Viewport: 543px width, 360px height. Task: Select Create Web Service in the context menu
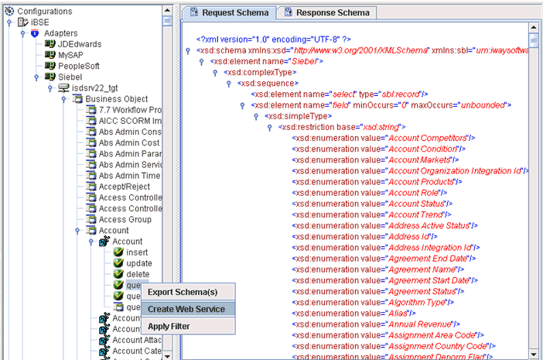click(x=186, y=309)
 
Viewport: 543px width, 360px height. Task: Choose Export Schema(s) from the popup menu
click(x=183, y=292)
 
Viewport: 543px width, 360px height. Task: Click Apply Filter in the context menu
click(x=169, y=326)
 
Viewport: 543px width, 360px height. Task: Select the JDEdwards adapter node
click(x=79, y=44)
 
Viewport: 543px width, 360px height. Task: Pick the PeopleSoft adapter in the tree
click(x=78, y=66)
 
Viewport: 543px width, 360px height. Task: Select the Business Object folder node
click(x=116, y=99)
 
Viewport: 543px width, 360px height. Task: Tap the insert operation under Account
click(x=137, y=252)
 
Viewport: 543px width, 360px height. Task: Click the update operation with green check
click(x=139, y=263)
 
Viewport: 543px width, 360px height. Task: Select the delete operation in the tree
click(x=138, y=274)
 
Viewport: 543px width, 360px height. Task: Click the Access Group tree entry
click(x=125, y=219)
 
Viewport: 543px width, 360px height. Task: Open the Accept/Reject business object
click(x=125, y=187)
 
